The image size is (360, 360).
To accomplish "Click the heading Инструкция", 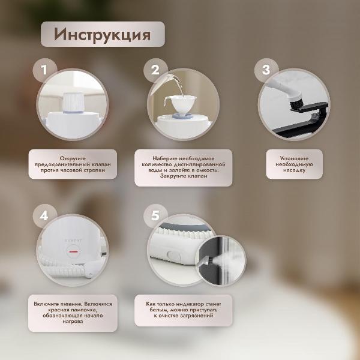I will point(102,34).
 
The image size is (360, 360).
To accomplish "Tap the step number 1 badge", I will point(43,70).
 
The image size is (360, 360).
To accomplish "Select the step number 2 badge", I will point(155,70).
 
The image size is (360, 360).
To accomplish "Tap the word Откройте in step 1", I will point(72,155).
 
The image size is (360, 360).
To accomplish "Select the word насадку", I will point(294,170).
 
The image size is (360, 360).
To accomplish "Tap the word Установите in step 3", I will point(294,156).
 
